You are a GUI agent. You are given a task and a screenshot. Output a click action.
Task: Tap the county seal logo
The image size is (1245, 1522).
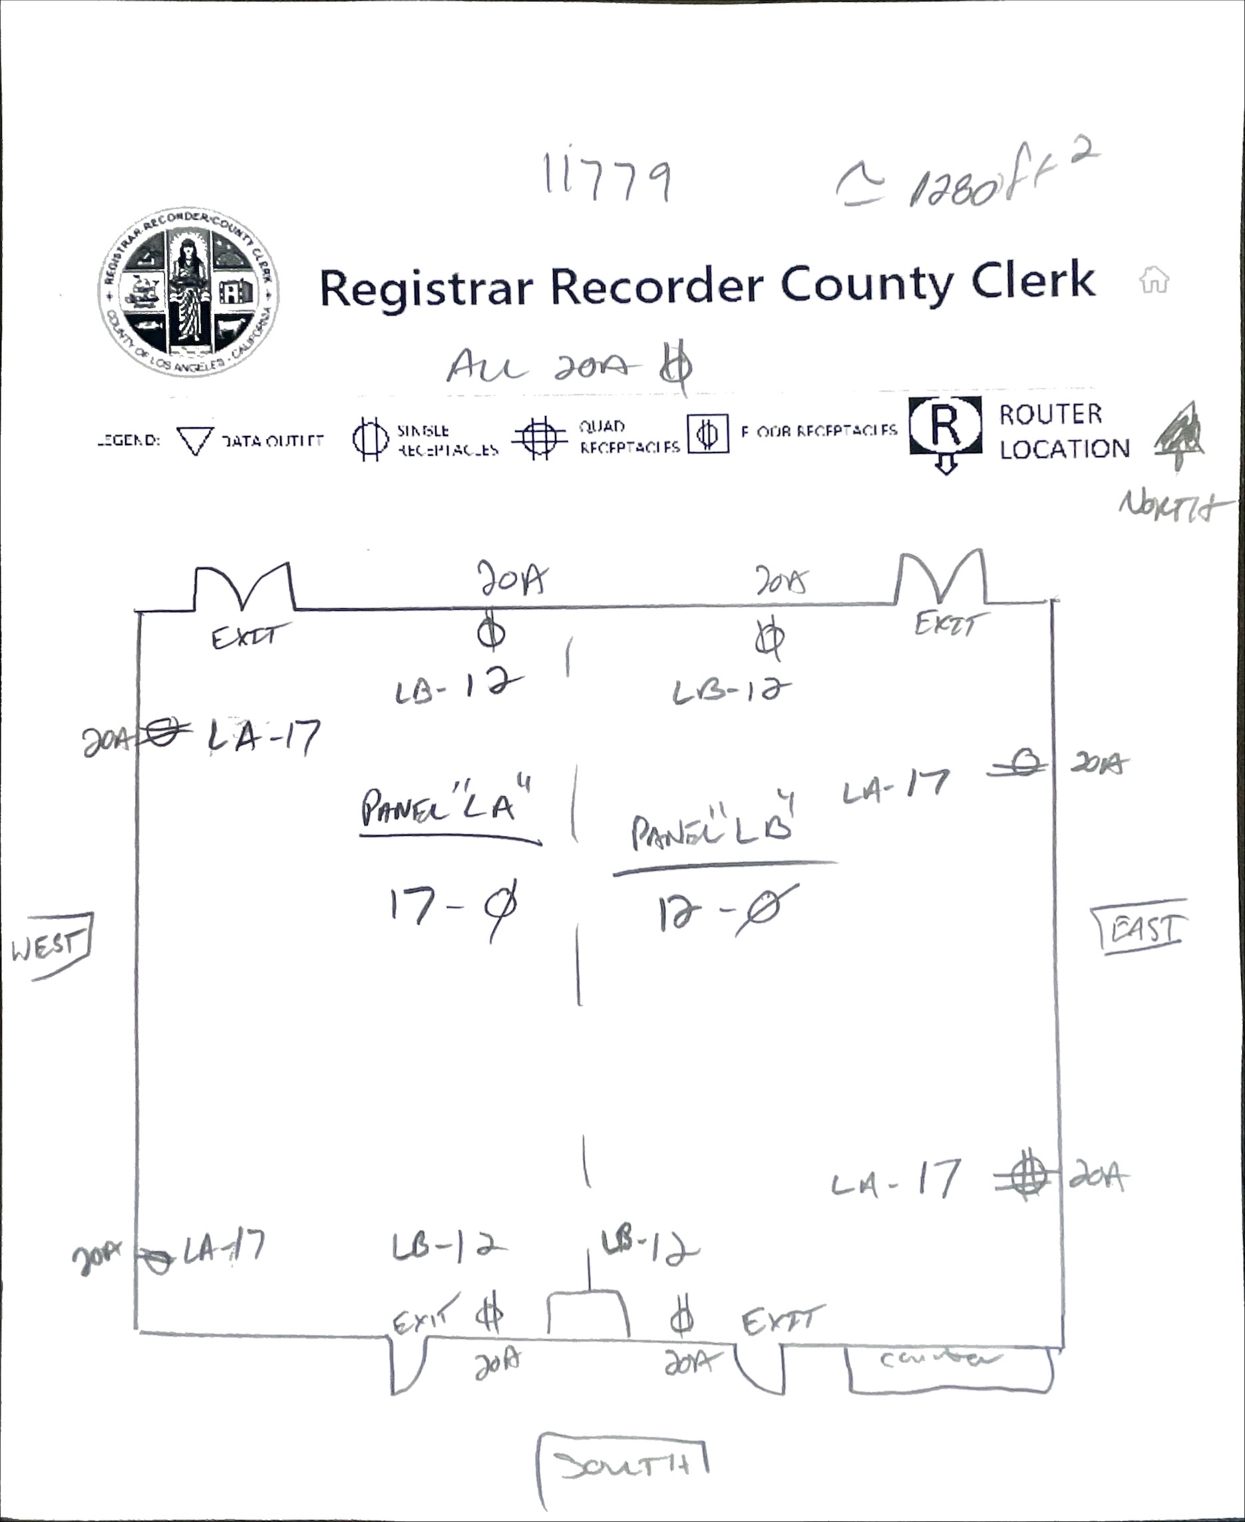188,294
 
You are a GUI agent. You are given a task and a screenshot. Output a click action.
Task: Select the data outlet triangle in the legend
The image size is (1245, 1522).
195,441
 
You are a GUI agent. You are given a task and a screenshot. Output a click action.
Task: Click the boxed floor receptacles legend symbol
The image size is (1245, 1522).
707,434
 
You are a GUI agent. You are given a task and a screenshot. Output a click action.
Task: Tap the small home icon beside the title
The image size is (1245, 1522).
1153,280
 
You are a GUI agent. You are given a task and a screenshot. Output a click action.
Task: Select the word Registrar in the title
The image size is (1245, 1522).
426,287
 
